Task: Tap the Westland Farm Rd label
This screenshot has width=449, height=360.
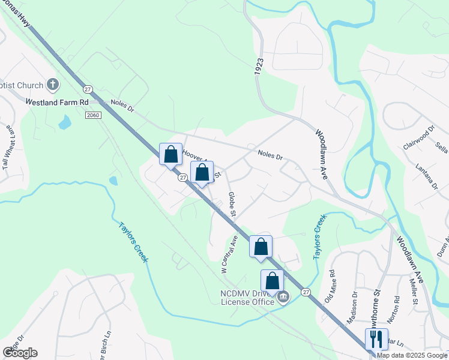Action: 57,102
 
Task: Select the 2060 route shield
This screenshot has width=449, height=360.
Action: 92,115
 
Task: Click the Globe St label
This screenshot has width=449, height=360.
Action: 231,204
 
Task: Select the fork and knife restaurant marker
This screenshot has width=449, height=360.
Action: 376,339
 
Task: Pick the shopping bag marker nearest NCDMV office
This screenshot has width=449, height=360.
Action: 272,281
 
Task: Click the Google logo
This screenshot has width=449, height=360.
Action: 20,352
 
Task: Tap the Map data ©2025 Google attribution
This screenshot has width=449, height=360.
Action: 412,355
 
